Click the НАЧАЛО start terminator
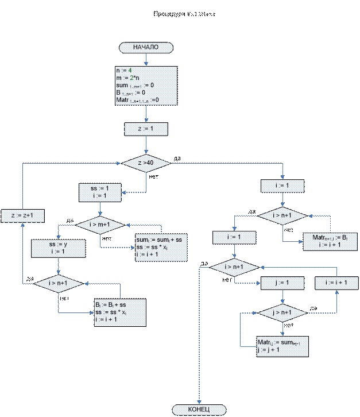[x=145, y=47]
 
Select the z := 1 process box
[x=145, y=129]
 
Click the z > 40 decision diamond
[x=145, y=164]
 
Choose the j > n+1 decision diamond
[x=282, y=312]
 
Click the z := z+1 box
[x=22, y=215]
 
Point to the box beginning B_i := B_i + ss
[x=119, y=312]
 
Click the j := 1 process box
[x=282, y=283]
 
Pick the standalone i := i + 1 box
[x=336, y=283]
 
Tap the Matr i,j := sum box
[x=282, y=346]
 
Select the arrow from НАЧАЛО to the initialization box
[x=145, y=59]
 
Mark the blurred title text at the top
[x=184, y=13]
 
